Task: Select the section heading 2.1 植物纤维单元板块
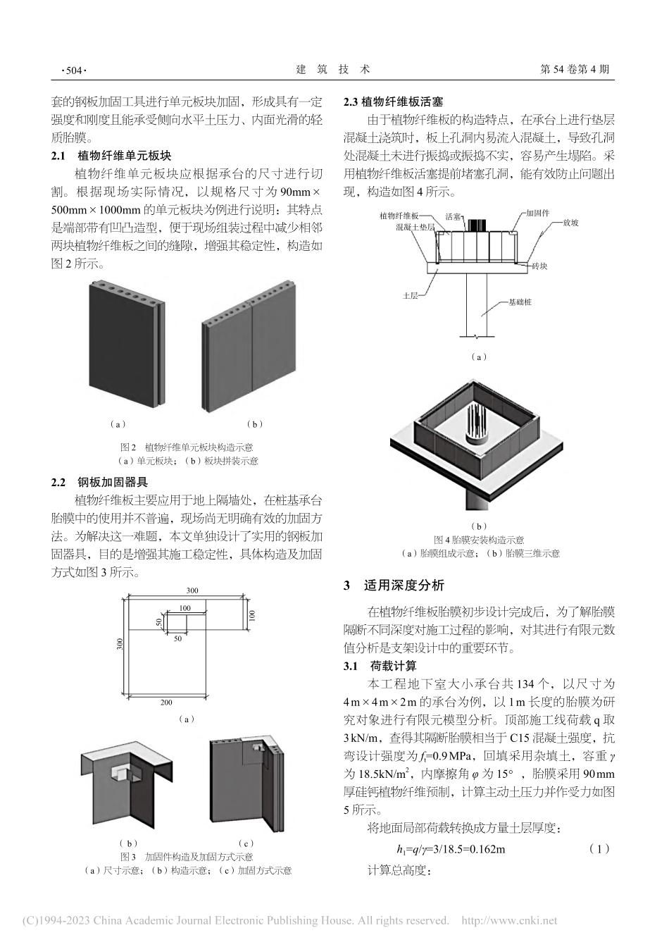112,156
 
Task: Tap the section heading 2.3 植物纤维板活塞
393,103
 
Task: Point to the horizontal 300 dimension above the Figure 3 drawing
192,590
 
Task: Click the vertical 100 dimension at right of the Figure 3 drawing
251,615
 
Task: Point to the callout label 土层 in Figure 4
410,296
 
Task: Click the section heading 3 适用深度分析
394,586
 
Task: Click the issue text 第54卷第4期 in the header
573,70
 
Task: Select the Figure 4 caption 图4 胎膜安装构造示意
479,540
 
